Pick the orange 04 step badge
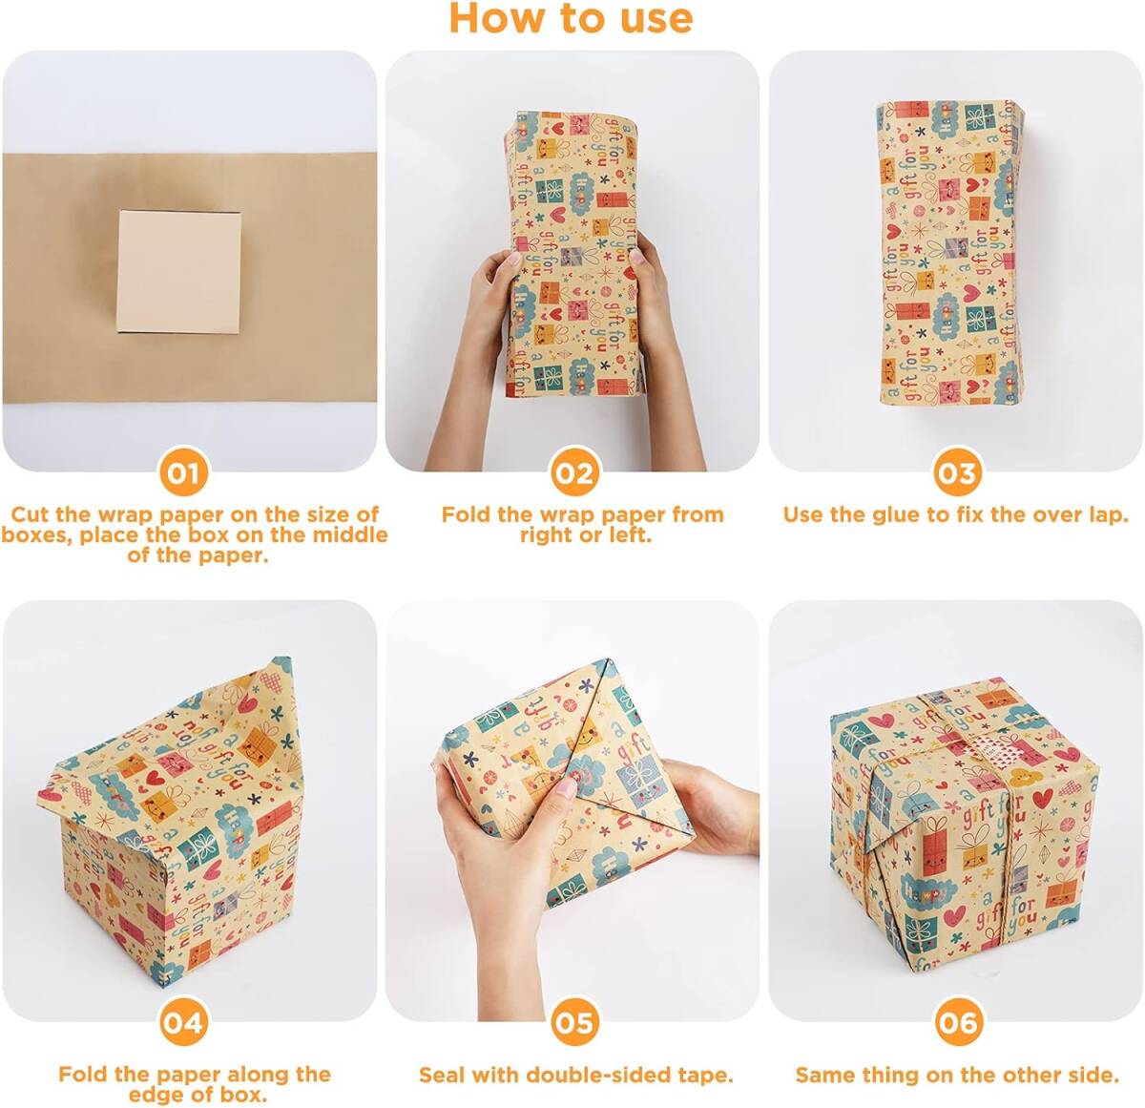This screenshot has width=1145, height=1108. (x=183, y=1023)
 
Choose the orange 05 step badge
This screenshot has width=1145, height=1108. (x=574, y=1023)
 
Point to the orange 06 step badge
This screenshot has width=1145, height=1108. (x=958, y=1023)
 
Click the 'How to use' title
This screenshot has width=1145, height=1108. (x=571, y=18)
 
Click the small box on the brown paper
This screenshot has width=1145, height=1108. (x=178, y=272)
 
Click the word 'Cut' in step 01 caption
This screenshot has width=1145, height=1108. (x=29, y=514)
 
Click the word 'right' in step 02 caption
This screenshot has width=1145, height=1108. (x=545, y=536)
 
